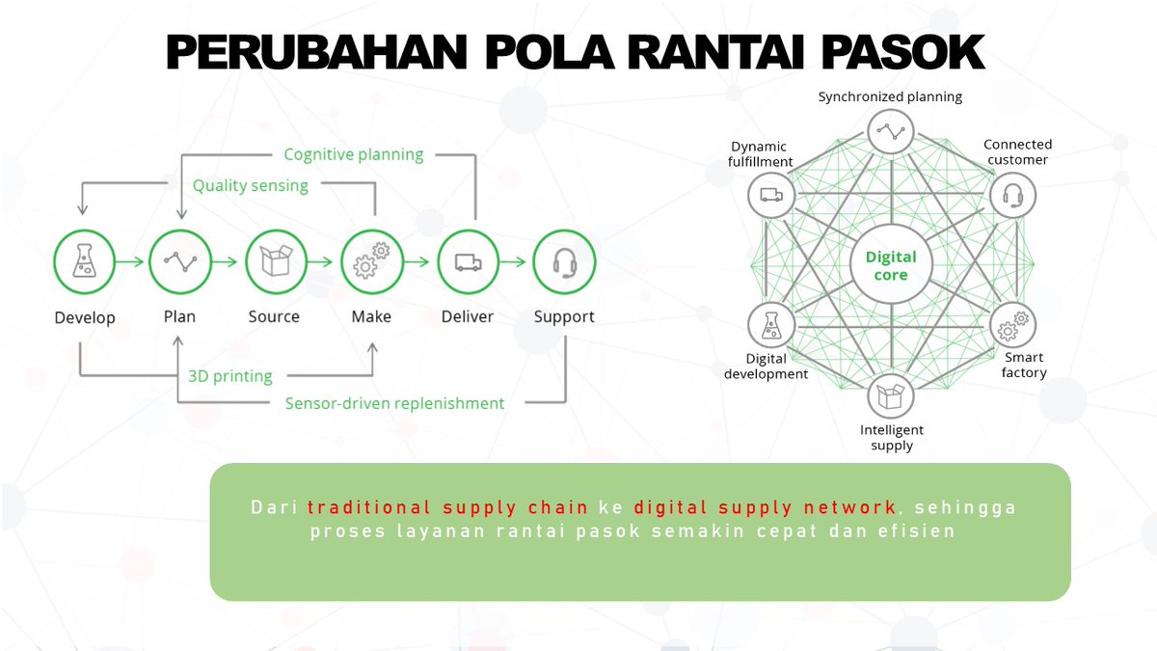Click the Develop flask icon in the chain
click(x=84, y=261)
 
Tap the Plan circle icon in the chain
click(x=180, y=261)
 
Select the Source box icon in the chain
click(x=276, y=261)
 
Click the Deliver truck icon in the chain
click(x=468, y=261)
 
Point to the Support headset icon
click(x=564, y=261)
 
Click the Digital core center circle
click(x=891, y=266)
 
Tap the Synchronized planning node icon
click(x=891, y=131)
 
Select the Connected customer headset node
click(x=1012, y=195)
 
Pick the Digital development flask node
click(x=771, y=326)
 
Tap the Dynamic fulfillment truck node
click(x=771, y=195)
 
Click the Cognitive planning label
click(x=353, y=154)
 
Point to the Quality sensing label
click(x=250, y=185)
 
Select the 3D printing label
click(x=229, y=376)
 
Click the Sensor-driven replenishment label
click(x=394, y=403)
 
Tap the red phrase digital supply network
click(x=766, y=507)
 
